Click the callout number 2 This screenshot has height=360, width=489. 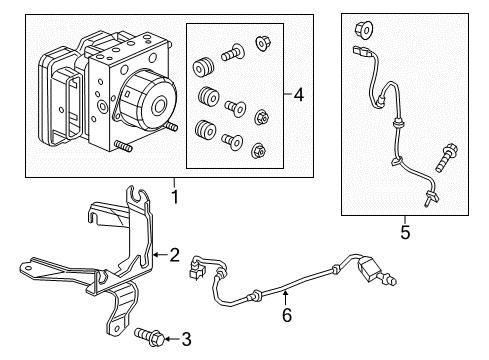tap(174, 255)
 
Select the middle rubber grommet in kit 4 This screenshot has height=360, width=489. tap(209, 99)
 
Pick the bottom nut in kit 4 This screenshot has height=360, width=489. tap(260, 152)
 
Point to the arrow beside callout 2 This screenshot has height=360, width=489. tap(160, 255)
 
